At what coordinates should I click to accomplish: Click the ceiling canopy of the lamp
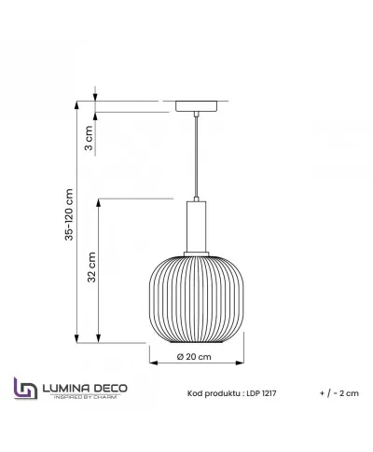coord(196,104)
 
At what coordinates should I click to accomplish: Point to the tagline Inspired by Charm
coord(84,397)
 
